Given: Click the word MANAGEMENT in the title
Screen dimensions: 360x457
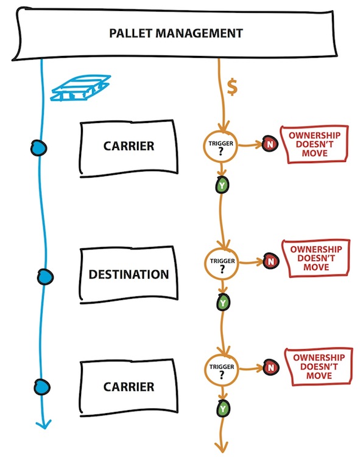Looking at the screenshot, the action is click(x=199, y=33).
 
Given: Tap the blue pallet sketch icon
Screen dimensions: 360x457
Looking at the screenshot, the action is click(x=80, y=88).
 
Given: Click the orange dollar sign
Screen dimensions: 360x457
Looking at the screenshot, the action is click(x=232, y=88).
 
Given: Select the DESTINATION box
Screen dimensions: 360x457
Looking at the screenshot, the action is click(x=129, y=274).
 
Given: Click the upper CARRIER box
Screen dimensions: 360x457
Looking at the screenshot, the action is click(x=129, y=147).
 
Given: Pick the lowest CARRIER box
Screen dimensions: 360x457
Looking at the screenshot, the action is click(x=129, y=387).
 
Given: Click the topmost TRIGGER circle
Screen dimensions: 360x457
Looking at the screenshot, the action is click(x=221, y=146).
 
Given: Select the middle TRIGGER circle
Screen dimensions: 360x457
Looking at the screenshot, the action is click(x=222, y=263).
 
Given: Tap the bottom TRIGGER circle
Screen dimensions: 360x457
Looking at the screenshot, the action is click(x=222, y=369).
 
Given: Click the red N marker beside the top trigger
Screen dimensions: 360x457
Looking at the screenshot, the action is click(x=270, y=144).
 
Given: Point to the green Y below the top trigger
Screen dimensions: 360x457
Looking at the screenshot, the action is click(x=222, y=185).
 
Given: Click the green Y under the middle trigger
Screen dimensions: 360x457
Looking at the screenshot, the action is click(x=223, y=302).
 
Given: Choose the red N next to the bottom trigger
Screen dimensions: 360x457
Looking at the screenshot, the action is click(x=271, y=368).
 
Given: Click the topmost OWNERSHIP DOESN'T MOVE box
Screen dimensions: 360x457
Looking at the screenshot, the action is click(x=314, y=144).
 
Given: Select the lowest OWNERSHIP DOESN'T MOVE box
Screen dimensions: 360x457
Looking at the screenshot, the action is click(x=319, y=367).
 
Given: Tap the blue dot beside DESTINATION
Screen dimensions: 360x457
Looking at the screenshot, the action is click(x=45, y=277).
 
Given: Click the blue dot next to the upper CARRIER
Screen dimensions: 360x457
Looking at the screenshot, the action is click(x=38, y=148).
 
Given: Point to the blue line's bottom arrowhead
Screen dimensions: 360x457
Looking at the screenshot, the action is click(x=44, y=425).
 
